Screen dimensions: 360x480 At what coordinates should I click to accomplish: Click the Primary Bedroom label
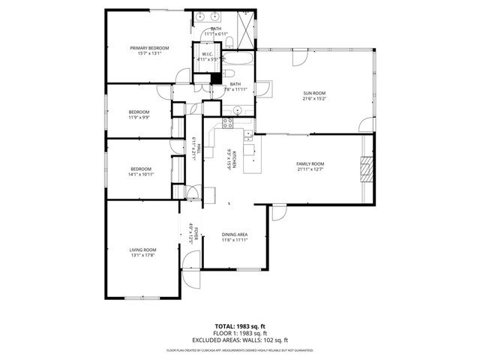pyautogui.click(x=149, y=48)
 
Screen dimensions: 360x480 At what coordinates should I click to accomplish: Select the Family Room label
pyautogui.click(x=309, y=163)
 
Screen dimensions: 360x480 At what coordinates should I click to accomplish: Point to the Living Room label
pyautogui.click(x=143, y=250)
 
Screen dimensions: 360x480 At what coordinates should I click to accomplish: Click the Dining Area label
pyautogui.click(x=235, y=235)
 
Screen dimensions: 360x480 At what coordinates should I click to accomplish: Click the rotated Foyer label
pyautogui.click(x=193, y=235)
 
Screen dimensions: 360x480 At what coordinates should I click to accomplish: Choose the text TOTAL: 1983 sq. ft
pyautogui.click(x=240, y=325)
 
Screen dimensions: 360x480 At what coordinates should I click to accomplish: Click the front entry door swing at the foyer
pyautogui.click(x=193, y=277)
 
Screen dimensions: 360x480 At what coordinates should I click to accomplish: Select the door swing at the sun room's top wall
pyautogui.click(x=301, y=56)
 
